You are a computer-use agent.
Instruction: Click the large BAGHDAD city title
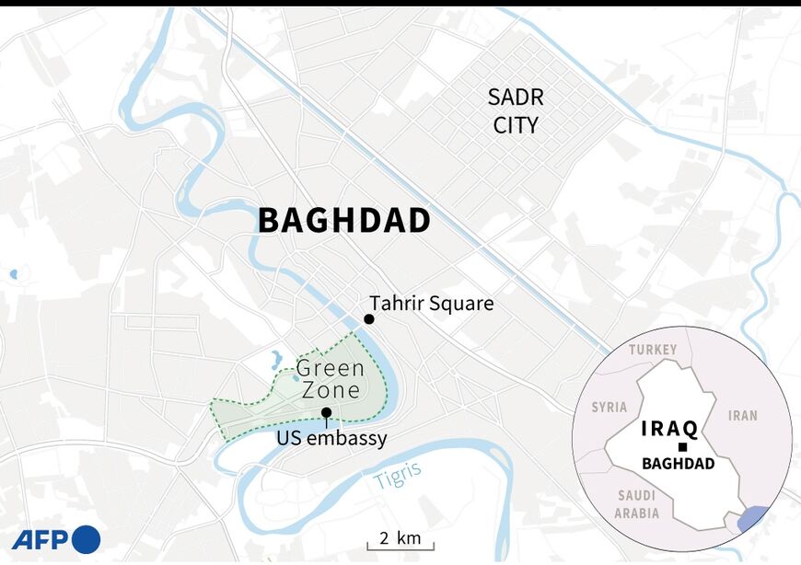pos(344,221)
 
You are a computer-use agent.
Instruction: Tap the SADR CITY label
pos(516,111)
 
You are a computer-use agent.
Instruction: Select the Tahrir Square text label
pos(431,303)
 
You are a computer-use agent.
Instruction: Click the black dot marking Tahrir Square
pos(368,318)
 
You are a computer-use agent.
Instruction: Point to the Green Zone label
pos(331,379)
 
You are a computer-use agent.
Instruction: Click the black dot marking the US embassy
pos(326,413)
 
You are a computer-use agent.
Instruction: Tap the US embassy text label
pos(331,439)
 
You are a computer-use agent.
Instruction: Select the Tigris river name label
pos(398,474)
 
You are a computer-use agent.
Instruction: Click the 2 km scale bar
pos(400,540)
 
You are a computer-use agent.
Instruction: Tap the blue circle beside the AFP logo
pos(86,539)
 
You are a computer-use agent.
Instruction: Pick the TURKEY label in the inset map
pos(653,350)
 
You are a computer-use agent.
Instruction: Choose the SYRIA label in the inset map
pos(609,407)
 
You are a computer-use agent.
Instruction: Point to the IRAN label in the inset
pos(742,415)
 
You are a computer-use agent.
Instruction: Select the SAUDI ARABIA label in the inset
pos(637,503)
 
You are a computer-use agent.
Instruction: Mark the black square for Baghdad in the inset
pos(681,447)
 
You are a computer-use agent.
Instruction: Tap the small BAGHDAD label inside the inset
pos(679,464)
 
